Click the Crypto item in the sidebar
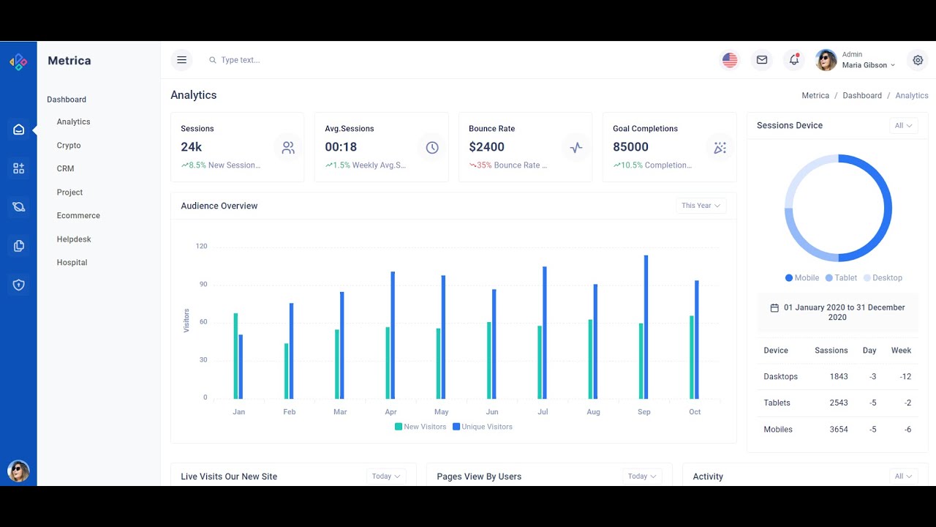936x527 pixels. [x=69, y=146]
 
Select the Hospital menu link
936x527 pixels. [x=72, y=263]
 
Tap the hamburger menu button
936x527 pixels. [x=181, y=60]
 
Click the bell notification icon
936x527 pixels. [x=793, y=60]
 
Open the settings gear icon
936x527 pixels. [x=918, y=60]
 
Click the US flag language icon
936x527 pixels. [x=730, y=60]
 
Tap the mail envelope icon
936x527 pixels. [x=762, y=60]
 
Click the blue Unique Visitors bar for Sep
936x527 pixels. [x=646, y=327]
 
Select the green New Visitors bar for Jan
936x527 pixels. [x=235, y=356]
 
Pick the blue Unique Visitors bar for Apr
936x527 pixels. [x=393, y=335]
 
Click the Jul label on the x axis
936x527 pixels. [x=543, y=412]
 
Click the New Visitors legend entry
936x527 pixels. [x=420, y=427]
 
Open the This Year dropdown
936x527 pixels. [x=701, y=206]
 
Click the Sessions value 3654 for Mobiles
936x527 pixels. [x=838, y=430]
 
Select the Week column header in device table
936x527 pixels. [x=901, y=351]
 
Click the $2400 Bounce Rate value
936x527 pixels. [x=486, y=147]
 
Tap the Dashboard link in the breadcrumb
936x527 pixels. [x=861, y=96]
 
